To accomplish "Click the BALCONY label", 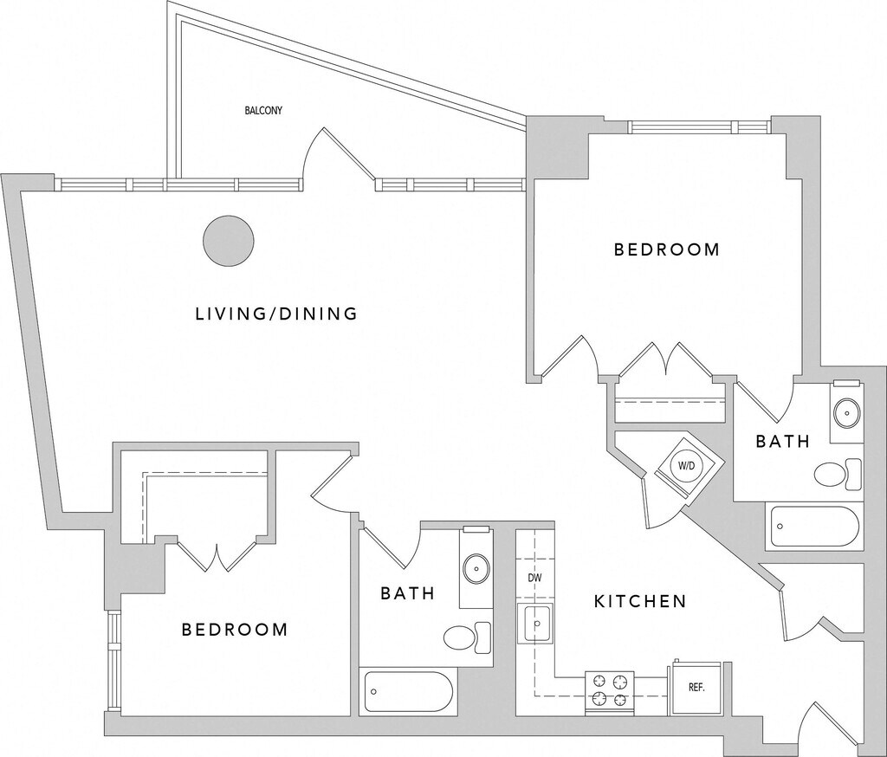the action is pos(263,111).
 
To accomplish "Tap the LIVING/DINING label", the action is pos(276,314).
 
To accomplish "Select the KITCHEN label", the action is pos(640,601).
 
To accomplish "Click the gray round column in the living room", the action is pos(229,241).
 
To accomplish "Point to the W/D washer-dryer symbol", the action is pos(686,465).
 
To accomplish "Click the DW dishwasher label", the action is pos(534,576).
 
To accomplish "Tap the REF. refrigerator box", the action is pos(696,689).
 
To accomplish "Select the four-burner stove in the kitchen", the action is pos(610,690).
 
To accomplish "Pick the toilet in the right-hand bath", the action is pos(838,475).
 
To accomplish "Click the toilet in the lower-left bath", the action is pos(466,637).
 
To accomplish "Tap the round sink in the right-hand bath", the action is pos(845,412).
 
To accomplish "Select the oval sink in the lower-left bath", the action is pos(475,569).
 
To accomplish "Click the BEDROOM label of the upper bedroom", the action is pos(666,250).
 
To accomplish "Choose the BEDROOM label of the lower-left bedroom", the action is pos(235,630).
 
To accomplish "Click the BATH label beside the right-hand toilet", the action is pos(782,442).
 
